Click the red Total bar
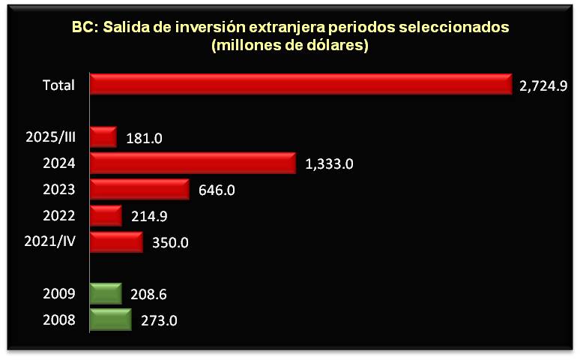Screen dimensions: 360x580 [x=300, y=84]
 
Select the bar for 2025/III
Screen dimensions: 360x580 [x=103, y=137]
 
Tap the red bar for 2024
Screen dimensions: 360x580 [x=192, y=163]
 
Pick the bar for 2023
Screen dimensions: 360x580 [x=139, y=189]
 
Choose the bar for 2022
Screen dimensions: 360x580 [x=105, y=215]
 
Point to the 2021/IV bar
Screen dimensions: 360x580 [x=115, y=241]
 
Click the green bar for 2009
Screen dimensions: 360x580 [x=105, y=294]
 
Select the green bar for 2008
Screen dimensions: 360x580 [x=109, y=319]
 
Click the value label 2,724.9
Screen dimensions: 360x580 [x=540, y=85]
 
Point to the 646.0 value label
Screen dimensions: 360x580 [x=217, y=190]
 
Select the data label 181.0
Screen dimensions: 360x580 [x=145, y=138]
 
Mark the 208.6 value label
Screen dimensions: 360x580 [x=148, y=294]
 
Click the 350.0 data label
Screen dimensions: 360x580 [x=169, y=242]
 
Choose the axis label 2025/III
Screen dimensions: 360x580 [x=50, y=137]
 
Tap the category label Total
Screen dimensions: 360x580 [x=58, y=85]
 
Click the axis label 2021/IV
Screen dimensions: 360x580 [x=51, y=241]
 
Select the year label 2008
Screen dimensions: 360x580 [x=60, y=320]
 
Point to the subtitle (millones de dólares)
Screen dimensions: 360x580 [x=291, y=45]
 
